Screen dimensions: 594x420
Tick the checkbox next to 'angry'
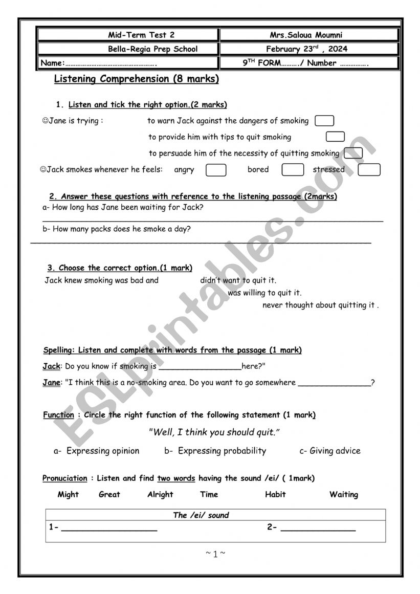tap(216, 170)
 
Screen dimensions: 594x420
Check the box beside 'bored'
tap(293, 170)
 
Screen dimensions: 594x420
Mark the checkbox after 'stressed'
tap(369, 170)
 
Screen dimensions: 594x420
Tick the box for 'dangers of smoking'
tap(324, 121)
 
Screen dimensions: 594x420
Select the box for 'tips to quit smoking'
tap(335, 137)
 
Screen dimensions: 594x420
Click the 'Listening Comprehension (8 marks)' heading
tap(136, 79)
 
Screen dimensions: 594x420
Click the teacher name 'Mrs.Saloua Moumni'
tap(306, 35)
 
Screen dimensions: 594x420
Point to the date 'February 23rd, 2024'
tap(306, 49)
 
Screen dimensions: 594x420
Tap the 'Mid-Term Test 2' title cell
tap(141, 35)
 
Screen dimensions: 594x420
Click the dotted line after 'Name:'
tap(110, 64)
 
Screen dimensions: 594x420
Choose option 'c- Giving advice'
tap(329, 451)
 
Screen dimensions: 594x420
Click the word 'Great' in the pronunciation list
tap(109, 494)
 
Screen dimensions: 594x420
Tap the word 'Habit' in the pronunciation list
tap(275, 494)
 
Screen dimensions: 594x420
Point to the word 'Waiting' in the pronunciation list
tap(344, 494)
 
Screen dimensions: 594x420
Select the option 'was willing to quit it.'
tap(264, 293)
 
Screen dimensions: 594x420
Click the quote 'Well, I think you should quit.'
tap(214, 432)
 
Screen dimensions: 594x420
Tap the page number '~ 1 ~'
tap(215, 554)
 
